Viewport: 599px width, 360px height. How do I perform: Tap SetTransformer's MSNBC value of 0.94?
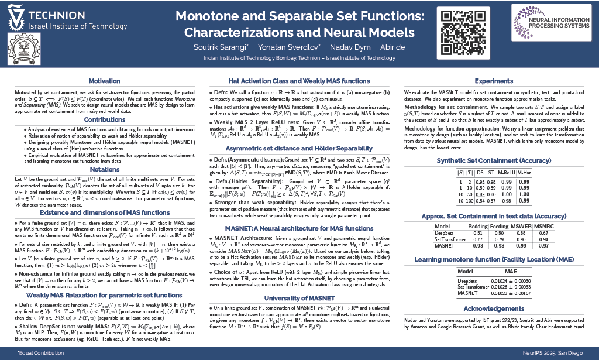[x=542, y=239]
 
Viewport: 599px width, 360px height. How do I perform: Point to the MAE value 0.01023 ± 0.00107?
[x=510, y=293]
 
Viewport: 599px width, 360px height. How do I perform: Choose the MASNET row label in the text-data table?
[x=446, y=245]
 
